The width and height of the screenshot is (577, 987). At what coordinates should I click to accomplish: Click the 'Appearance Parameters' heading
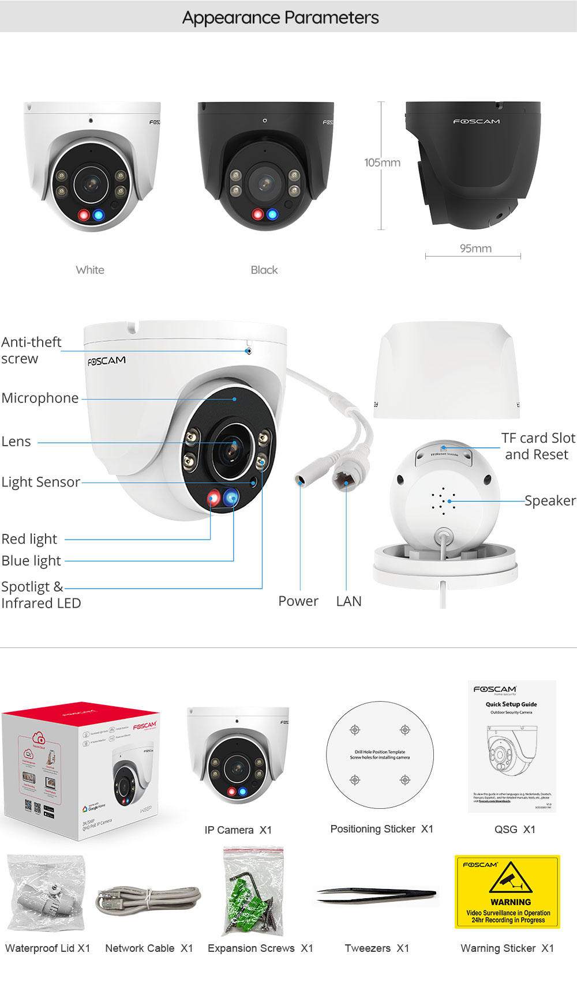pos(280,18)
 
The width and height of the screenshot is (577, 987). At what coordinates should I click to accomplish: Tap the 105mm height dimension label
pos(382,163)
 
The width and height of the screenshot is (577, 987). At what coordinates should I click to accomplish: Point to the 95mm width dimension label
pos(475,248)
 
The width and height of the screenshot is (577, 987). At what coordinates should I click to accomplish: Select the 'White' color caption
pos(90,270)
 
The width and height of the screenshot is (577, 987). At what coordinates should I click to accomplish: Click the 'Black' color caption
pos(264,270)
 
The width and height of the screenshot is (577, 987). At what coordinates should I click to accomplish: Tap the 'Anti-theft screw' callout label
pos(31,350)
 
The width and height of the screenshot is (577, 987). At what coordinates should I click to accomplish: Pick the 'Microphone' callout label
pos(40,398)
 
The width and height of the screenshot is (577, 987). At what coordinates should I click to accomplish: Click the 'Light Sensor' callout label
pos(40,482)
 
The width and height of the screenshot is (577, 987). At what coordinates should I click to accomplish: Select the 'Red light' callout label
pos(29,539)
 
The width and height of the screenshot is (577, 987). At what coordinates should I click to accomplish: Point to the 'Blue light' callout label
pos(31,560)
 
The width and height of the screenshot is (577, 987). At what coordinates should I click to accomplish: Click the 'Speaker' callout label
pos(550,500)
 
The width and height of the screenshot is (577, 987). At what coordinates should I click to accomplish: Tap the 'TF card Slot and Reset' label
pos(538,446)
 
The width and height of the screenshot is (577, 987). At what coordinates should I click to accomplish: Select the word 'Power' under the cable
pos(298,601)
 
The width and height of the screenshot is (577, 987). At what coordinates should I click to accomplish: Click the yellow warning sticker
pos(507,891)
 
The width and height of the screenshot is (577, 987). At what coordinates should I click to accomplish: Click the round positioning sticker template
pos(380,755)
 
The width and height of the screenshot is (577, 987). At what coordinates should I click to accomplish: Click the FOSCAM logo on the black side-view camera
pos(477,122)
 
